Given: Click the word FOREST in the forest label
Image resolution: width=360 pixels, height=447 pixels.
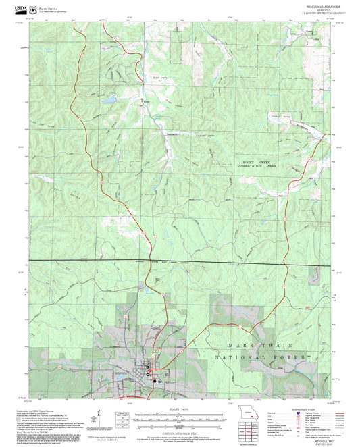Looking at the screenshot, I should click(x=295, y=356).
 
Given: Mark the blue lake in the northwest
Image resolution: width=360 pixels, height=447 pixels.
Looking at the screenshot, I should click(x=108, y=99).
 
